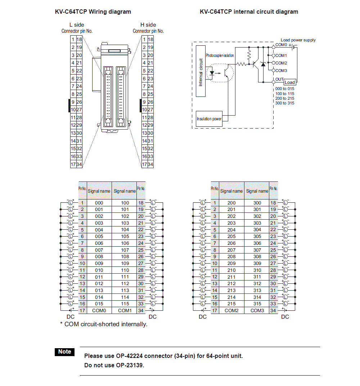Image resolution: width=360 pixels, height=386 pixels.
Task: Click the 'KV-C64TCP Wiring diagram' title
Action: click(x=93, y=12)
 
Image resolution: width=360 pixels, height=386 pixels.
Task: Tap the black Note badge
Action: click(x=65, y=352)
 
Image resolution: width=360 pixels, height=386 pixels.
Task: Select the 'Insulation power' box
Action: click(x=209, y=119)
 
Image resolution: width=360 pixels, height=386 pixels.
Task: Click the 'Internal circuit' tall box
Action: click(x=201, y=71)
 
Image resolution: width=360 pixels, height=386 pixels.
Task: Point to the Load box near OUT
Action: click(x=289, y=82)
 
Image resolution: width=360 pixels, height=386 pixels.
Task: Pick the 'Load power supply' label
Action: click(x=298, y=40)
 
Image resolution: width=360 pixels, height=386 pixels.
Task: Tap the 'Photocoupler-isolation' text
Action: click(x=220, y=55)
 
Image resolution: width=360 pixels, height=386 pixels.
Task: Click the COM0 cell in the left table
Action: click(x=99, y=310)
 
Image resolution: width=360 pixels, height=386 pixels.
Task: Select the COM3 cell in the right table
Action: click(x=257, y=310)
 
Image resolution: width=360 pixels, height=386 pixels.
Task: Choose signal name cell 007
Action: click(x=99, y=250)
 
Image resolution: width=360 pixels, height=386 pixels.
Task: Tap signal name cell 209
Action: click(x=231, y=264)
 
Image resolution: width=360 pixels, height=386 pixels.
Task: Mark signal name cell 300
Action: click(x=257, y=203)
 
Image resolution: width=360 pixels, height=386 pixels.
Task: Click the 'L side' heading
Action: click(x=77, y=25)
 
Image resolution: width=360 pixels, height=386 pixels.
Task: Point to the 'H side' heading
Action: click(x=148, y=25)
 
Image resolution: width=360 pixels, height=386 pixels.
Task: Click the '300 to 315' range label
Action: click(x=284, y=103)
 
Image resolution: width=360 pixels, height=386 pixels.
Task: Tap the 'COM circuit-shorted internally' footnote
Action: click(x=104, y=324)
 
